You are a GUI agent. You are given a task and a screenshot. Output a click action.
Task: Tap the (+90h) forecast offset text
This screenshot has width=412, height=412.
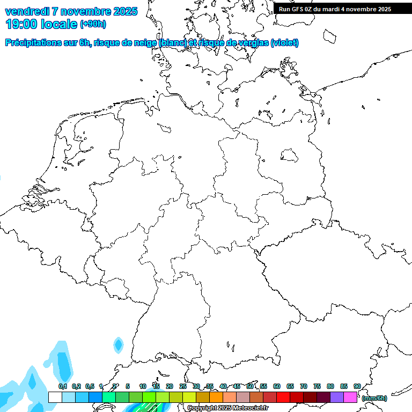(93, 24)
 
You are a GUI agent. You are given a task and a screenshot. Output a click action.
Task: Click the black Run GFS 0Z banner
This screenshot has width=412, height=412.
(342, 9)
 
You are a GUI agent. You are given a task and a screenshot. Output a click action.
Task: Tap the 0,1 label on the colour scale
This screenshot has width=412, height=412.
(63, 386)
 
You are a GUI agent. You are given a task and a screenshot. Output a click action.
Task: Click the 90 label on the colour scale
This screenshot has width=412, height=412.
(357, 386)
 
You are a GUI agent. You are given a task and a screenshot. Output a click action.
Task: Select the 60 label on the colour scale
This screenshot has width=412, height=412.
(277, 386)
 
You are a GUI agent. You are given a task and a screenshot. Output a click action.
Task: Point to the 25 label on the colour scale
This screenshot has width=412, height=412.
(183, 386)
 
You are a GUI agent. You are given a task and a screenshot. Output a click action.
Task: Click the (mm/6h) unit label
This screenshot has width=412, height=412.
(374, 398)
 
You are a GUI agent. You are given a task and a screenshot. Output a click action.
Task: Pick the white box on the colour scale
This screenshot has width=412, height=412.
(55, 397)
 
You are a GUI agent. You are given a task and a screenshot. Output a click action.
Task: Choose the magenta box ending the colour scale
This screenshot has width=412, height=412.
(350, 397)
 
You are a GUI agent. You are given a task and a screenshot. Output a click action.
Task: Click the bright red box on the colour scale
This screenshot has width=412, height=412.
(283, 397)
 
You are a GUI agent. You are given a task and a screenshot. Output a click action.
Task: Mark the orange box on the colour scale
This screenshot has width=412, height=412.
(216, 397)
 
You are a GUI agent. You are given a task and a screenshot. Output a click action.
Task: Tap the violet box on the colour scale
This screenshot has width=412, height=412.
(337, 397)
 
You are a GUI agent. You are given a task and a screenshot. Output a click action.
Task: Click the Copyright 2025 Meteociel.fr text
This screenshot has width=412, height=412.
(227, 408)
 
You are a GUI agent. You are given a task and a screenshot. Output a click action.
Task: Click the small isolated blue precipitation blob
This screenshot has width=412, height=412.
(118, 344)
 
